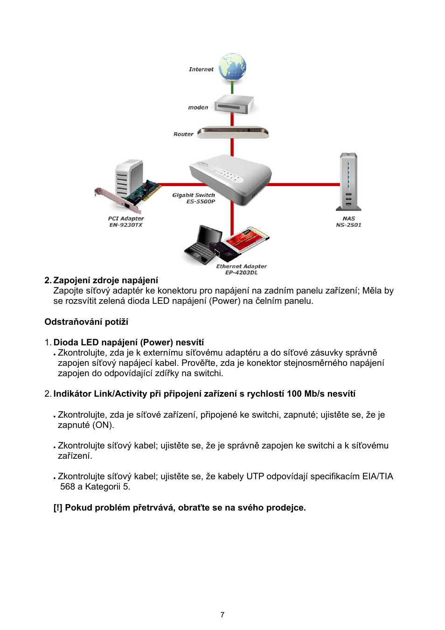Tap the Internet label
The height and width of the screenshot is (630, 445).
[x=201, y=70]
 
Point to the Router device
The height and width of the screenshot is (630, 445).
[x=233, y=133]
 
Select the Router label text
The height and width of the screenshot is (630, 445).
[x=183, y=134]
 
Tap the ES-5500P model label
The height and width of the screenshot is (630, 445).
[x=201, y=202]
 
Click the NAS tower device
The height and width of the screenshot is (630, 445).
[x=348, y=182]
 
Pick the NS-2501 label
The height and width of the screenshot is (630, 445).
[x=348, y=225]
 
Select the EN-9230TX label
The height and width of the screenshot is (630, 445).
[x=126, y=225]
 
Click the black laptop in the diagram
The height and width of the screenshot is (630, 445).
[x=204, y=245]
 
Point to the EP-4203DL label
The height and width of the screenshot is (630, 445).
[x=241, y=273]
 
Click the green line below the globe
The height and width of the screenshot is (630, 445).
[x=232, y=87]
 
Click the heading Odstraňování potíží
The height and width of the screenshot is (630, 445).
[x=86, y=322]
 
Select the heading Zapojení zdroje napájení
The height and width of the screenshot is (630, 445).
[x=105, y=280]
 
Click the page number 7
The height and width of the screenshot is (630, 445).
[x=222, y=615]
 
